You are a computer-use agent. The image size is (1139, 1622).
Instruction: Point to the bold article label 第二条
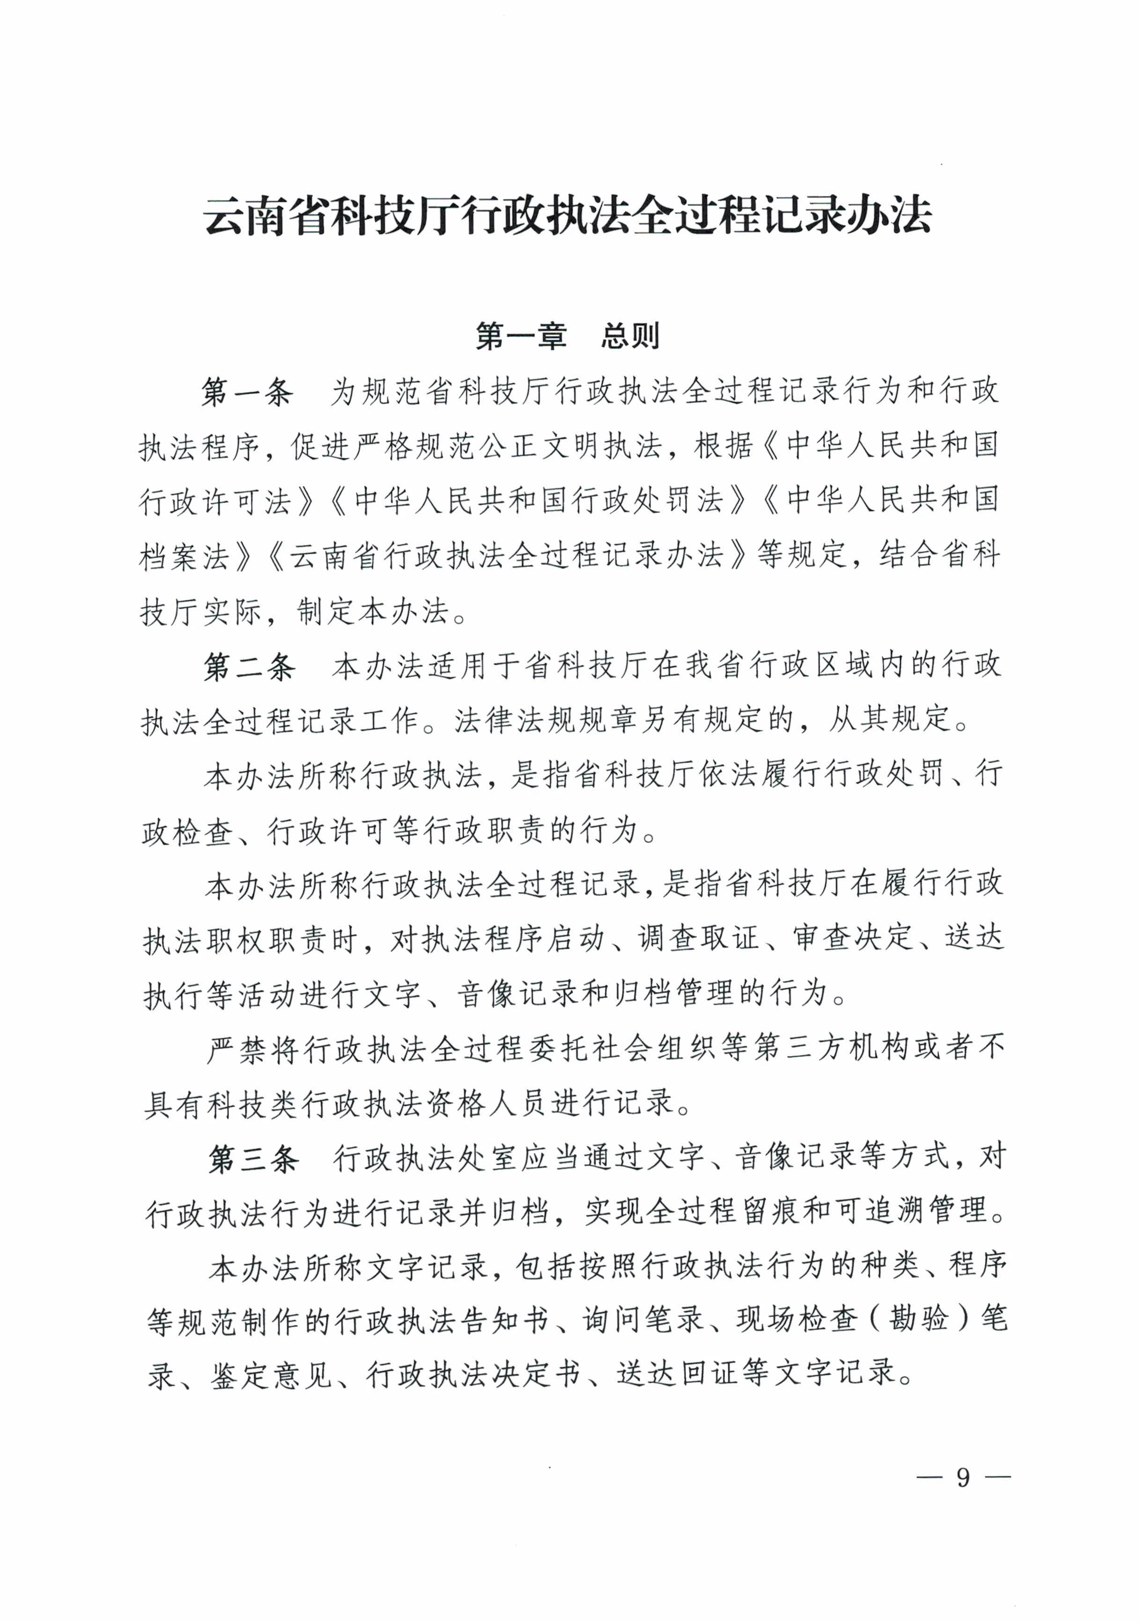[x=249, y=667]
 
